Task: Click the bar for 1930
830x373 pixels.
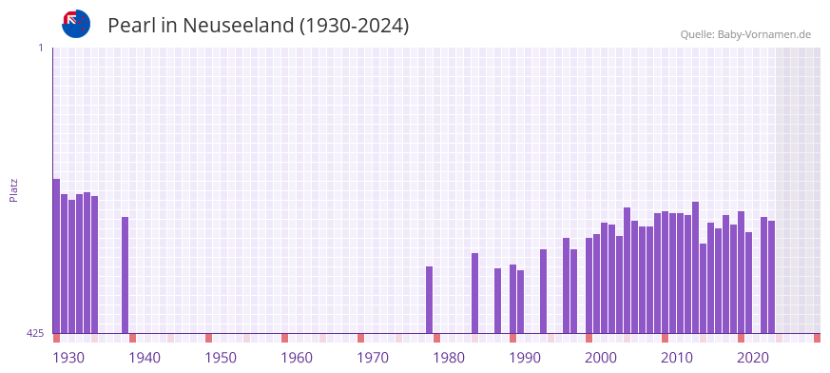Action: [56, 256]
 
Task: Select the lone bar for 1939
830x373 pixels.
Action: [125, 275]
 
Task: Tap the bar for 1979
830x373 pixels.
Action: [429, 300]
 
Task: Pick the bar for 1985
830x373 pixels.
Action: [474, 293]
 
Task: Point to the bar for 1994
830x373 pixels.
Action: [543, 291]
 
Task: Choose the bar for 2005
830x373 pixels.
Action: [627, 270]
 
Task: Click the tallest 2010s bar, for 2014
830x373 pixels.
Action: [695, 267]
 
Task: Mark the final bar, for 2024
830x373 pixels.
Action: [771, 277]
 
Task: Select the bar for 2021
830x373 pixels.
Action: [748, 283]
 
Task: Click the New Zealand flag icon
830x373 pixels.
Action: [76, 24]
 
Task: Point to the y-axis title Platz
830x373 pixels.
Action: [14, 189]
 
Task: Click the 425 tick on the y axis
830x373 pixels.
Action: [35, 333]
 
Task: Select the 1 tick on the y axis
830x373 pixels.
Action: [41, 48]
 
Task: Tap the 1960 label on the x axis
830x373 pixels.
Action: [297, 358]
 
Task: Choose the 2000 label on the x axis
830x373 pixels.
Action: [601, 358]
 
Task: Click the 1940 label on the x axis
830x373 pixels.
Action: [145, 358]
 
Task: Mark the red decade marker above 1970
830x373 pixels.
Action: [360, 338]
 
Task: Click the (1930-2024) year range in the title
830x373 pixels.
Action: [354, 26]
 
